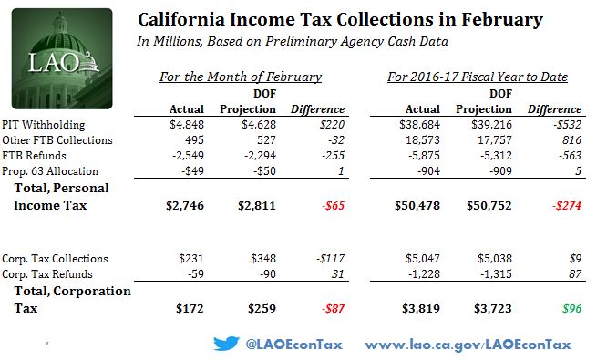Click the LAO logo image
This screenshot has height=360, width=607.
coord(62,58)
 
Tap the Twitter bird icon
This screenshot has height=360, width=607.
coord(226,344)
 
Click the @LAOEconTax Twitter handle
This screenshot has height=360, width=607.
coord(293,345)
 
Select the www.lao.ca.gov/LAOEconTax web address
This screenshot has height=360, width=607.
coord(468,345)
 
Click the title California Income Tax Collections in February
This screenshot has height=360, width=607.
coord(340,19)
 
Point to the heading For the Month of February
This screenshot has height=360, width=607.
coord(241,77)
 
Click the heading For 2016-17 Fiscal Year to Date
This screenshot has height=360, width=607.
coord(478,77)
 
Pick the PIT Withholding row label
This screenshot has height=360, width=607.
coord(44,125)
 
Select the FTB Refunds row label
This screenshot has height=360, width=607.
coord(34,156)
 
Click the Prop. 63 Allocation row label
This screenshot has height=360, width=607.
coord(50,171)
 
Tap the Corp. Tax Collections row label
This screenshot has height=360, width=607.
coord(55,259)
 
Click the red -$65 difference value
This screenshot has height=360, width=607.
coord(333,205)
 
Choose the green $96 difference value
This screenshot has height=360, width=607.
coord(571,309)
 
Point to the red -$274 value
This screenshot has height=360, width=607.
coord(567,205)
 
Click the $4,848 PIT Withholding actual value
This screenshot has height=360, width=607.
coord(187,125)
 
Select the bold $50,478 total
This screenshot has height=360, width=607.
coord(417,205)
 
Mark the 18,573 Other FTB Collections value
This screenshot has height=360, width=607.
coord(423,140)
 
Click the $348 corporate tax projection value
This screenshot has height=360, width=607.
coord(263,259)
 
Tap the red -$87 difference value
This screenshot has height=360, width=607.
coord(333,309)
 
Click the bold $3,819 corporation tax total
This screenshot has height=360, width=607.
coord(421,309)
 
